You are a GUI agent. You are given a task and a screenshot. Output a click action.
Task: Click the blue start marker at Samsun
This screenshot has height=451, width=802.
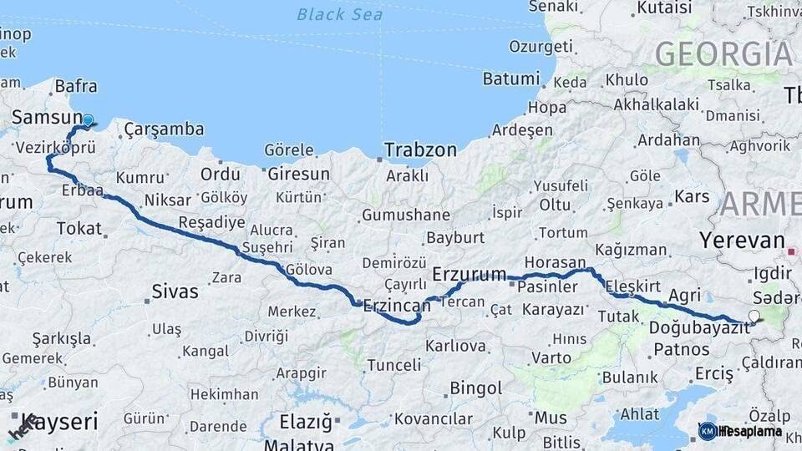click(x=88, y=119)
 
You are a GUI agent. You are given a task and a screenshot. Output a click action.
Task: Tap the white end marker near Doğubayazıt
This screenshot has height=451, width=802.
click(x=754, y=316)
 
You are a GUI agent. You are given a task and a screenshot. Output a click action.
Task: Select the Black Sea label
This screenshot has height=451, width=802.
click(x=340, y=14)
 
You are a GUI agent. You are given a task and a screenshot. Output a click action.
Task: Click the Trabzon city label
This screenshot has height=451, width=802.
click(x=420, y=150)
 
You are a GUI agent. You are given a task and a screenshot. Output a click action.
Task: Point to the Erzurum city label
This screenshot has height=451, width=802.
click(x=470, y=274)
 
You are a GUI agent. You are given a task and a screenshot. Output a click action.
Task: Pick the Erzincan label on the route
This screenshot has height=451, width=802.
click(x=397, y=306)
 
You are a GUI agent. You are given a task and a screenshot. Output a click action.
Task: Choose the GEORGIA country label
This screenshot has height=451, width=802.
click(x=723, y=53)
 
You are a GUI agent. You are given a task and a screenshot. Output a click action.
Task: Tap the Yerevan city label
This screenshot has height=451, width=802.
click(x=743, y=241)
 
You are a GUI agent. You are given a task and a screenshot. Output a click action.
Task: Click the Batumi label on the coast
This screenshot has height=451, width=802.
click(x=511, y=79)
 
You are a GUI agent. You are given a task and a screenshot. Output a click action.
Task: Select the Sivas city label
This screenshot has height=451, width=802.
click(x=175, y=291)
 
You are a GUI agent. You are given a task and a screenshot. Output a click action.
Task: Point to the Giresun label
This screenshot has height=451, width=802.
click(x=298, y=175)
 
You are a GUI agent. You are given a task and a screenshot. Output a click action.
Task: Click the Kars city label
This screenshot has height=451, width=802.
click(x=692, y=197)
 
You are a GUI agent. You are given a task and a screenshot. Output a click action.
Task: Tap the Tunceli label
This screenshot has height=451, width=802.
click(x=394, y=365)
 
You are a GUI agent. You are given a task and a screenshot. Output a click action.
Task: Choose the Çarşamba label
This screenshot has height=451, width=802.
click(x=164, y=129)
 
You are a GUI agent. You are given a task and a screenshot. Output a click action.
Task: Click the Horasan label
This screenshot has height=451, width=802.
click(x=556, y=262)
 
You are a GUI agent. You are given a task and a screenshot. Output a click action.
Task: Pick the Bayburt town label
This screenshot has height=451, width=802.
click(x=455, y=237)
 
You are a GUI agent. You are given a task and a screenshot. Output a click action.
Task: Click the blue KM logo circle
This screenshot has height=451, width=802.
click(x=708, y=431)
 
